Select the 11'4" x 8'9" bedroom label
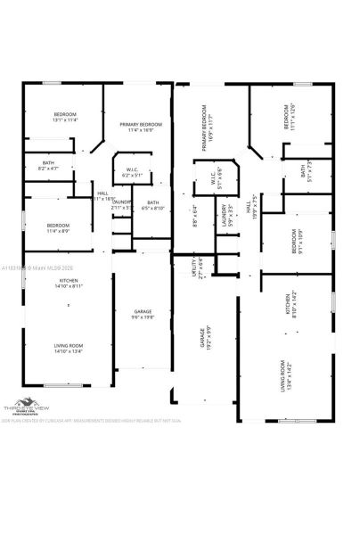(59, 227)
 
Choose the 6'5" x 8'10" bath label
(153, 205)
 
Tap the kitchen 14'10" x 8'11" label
(68, 284)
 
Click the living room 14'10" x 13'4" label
(68, 348)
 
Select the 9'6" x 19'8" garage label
(143, 314)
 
